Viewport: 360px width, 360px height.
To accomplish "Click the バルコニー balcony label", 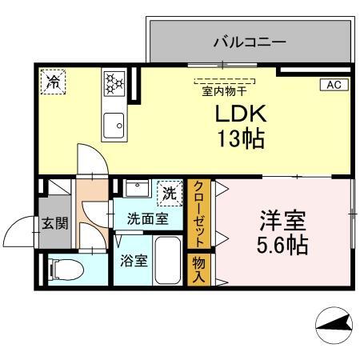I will click(250, 42).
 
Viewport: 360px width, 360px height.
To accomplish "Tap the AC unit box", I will click(334, 84).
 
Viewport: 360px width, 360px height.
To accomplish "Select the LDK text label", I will click(238, 114).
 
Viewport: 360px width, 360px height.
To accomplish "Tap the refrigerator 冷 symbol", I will click(54, 81).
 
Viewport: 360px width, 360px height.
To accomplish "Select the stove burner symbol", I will click(113, 82).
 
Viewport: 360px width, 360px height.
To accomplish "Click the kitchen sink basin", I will click(113, 124).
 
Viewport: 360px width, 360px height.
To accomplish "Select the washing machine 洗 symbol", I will click(169, 192).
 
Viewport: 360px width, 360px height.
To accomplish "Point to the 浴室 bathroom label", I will click(133, 261).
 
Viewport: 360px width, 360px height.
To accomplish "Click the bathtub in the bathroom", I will click(168, 261).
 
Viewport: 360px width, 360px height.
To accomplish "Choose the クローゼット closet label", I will click(198, 214).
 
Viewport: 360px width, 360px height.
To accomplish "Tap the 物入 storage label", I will click(198, 268).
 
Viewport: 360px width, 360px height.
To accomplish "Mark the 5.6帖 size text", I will click(282, 245).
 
